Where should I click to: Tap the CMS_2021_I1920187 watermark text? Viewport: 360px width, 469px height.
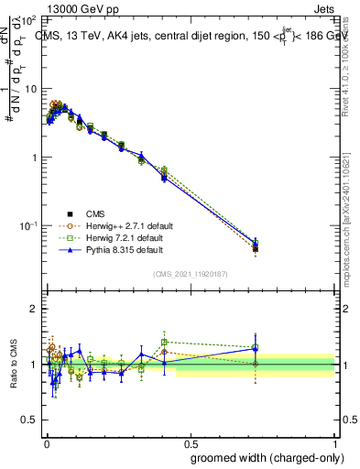click(190, 274)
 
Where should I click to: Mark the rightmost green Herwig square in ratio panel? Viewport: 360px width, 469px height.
click(256, 347)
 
